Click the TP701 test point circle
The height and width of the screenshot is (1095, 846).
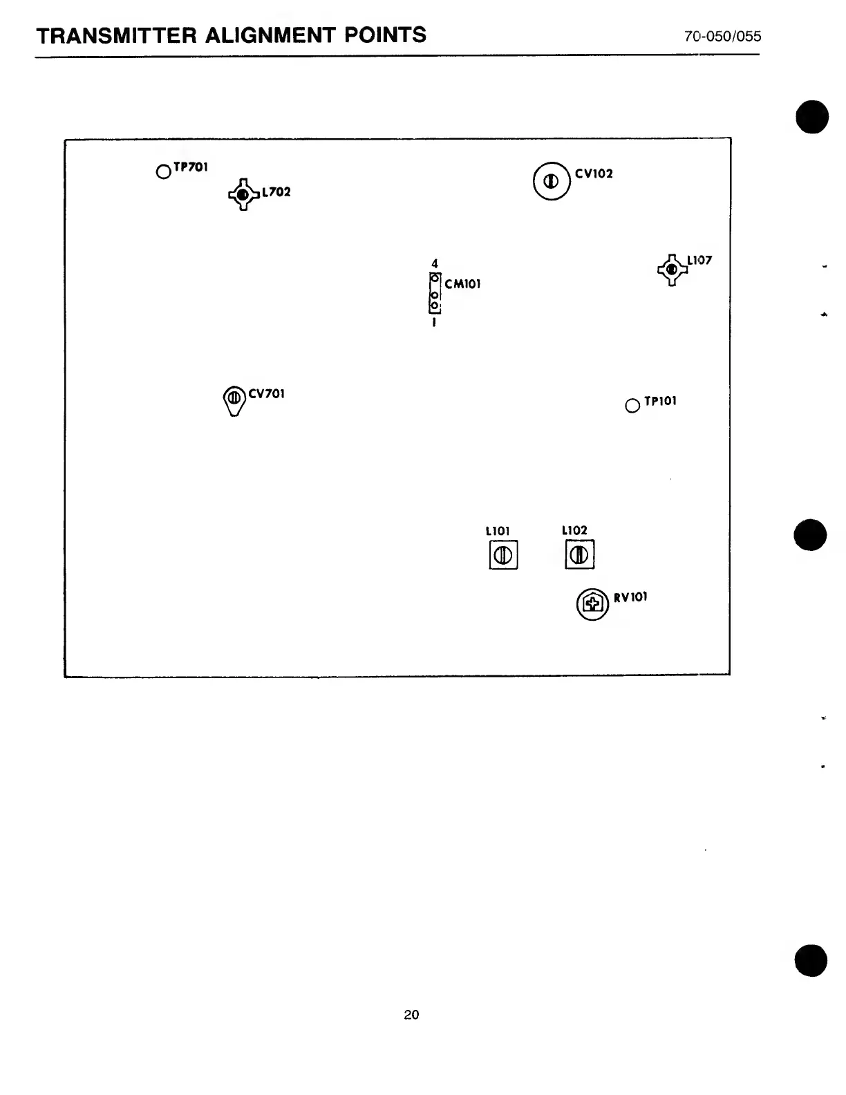(163, 171)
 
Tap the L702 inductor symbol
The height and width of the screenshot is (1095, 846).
(241, 195)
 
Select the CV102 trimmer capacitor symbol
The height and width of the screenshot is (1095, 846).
(552, 181)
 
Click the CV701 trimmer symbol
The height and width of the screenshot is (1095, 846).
(234, 399)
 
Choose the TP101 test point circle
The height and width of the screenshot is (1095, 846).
(632, 406)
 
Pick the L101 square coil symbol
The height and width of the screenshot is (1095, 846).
(503, 555)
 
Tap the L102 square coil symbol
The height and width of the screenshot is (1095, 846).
(580, 555)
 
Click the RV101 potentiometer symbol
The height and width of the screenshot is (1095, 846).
(592, 605)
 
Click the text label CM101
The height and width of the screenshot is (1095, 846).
(462, 284)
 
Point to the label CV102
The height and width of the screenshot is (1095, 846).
(594, 174)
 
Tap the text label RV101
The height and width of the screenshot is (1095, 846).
(630, 597)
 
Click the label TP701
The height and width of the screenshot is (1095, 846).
(191, 167)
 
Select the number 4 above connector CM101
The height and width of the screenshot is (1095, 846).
(435, 263)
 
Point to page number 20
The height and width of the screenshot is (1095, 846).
(411, 1015)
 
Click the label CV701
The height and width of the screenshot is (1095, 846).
(266, 394)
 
